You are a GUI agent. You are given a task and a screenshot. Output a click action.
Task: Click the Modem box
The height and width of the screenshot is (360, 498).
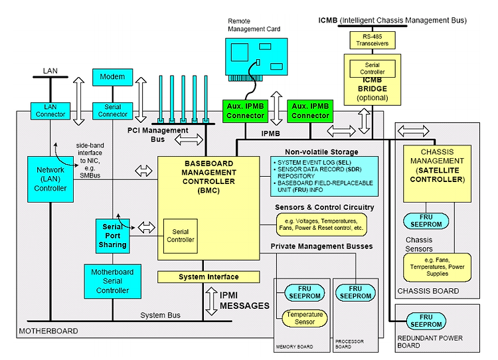pos(112,77)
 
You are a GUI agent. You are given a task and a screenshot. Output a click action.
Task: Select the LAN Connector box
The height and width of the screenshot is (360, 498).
pos(50,111)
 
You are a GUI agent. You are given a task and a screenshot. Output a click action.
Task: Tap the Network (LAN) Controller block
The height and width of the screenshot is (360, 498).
pos(50,179)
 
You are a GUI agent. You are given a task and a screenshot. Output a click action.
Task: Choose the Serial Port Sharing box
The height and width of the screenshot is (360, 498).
pos(112,236)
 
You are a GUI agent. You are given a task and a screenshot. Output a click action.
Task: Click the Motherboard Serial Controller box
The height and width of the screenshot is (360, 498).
pos(112,282)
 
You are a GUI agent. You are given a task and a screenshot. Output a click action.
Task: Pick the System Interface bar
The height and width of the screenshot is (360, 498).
pos(208,277)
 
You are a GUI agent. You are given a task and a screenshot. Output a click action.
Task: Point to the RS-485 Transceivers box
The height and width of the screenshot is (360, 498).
pos(373,40)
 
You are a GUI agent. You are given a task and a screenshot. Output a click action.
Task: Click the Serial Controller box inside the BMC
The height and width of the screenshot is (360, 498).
pos(181,236)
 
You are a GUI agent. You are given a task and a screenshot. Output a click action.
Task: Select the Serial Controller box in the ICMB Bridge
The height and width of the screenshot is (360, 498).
pos(373,68)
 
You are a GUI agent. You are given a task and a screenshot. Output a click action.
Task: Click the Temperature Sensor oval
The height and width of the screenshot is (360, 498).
pos(305,318)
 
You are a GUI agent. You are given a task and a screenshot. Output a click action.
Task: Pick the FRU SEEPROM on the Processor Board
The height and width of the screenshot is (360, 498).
pos(355,293)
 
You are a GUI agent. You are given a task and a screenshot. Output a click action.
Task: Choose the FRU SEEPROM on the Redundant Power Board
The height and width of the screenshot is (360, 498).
pos(426,321)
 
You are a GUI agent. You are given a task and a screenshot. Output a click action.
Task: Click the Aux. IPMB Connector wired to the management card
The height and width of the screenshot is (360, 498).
pos(245,111)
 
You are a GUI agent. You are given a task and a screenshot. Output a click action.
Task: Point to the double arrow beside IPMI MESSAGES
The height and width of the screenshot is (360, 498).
pos(212,302)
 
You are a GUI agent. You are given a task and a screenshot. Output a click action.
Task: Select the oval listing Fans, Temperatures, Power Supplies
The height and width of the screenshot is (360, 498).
pos(437,267)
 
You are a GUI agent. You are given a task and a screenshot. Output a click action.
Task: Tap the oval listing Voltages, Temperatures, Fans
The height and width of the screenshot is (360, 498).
pos(321,225)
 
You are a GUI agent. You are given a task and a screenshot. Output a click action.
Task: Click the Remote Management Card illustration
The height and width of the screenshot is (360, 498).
pos(256,60)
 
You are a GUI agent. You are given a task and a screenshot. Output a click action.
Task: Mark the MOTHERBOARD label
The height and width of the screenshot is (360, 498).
pos(48,331)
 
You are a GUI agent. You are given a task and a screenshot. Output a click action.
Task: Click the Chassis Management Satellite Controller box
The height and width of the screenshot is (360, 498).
pos(437,174)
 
